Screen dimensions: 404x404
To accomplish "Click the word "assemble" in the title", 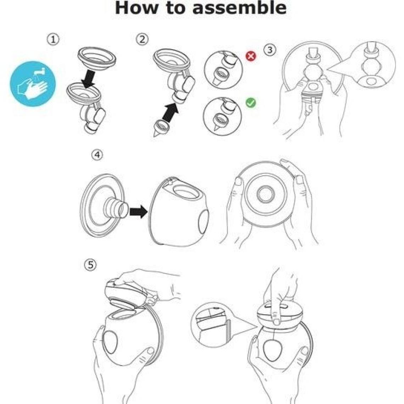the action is click(x=239, y=7).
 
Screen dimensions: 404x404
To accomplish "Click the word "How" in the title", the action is click(x=136, y=7).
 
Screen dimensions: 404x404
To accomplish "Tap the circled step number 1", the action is click(x=53, y=40).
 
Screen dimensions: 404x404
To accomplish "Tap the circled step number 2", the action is click(x=142, y=39).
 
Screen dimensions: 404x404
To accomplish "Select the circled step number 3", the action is click(x=269, y=50).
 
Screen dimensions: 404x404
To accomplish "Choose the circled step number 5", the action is click(x=90, y=265).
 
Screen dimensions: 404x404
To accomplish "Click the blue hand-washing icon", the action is click(x=33, y=84).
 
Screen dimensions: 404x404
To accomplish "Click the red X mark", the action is click(x=251, y=56).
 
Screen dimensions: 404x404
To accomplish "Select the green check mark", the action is click(x=251, y=102).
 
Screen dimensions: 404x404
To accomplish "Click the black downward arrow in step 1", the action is click(x=88, y=78).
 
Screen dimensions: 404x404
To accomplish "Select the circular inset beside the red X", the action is click(x=223, y=70).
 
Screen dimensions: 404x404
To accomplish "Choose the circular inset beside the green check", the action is click(x=222, y=116).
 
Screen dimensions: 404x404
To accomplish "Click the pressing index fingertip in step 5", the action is click(x=276, y=321).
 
